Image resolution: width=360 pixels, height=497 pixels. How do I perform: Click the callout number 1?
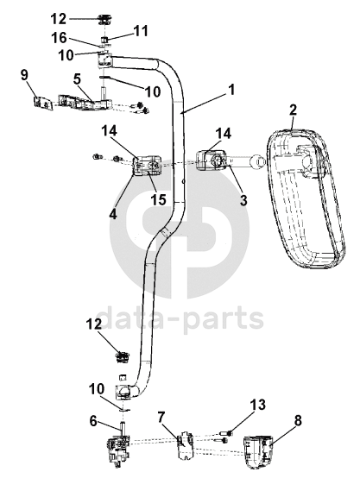[x=231, y=90]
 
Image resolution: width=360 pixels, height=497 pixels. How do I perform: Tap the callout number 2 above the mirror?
[x=293, y=110]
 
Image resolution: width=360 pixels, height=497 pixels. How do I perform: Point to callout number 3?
[x=243, y=200]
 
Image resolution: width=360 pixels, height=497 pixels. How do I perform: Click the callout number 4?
[x=112, y=214]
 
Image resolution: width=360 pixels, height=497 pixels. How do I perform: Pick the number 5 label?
[x=77, y=79]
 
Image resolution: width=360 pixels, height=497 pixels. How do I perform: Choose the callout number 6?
[x=93, y=422]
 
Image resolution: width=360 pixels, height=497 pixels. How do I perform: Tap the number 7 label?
[x=161, y=418]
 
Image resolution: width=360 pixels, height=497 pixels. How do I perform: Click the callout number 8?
[x=298, y=421]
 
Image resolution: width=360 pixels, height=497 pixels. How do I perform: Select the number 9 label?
[x=24, y=75]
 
